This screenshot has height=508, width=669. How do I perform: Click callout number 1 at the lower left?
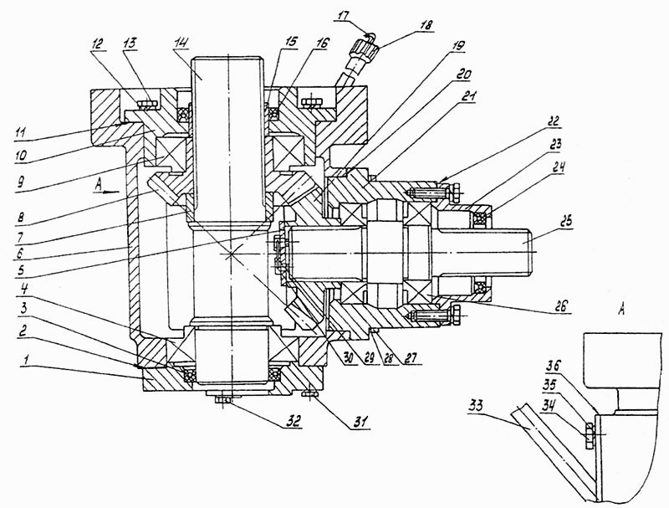pyautogui.click(x=26, y=362)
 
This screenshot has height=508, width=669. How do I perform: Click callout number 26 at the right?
pyautogui.click(x=564, y=305)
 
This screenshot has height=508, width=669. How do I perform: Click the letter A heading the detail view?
pyautogui.click(x=621, y=309)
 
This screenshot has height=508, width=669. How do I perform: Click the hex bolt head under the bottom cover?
pyautogui.click(x=222, y=399)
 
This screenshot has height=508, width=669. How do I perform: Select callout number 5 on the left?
pyautogui.click(x=22, y=270)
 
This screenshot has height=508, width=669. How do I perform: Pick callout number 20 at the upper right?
pyautogui.click(x=462, y=74)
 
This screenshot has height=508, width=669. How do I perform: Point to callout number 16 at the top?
pyautogui.click(x=323, y=42)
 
